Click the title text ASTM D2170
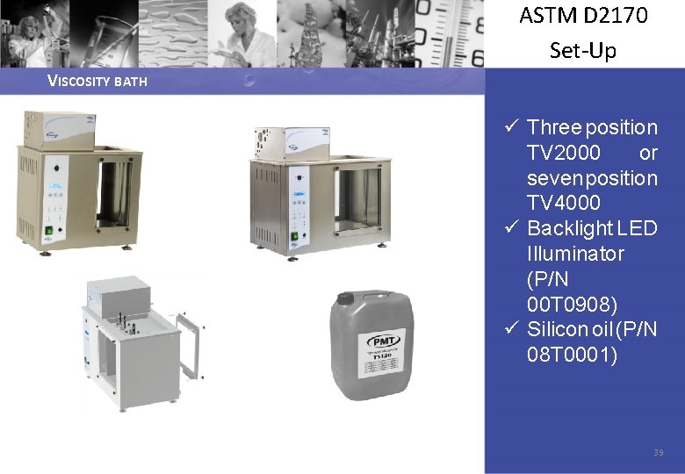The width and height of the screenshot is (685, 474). click(x=583, y=16)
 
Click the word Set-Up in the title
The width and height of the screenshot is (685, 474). click(x=583, y=50)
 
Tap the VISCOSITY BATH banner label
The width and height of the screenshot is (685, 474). click(x=97, y=82)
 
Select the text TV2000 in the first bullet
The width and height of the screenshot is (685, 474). click(x=564, y=153)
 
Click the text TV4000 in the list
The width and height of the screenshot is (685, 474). click(x=564, y=203)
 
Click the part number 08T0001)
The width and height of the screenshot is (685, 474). click(x=572, y=355)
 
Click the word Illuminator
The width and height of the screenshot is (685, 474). click(x=575, y=254)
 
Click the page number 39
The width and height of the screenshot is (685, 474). click(x=658, y=452)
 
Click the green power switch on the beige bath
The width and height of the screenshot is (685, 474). click(x=49, y=233)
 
